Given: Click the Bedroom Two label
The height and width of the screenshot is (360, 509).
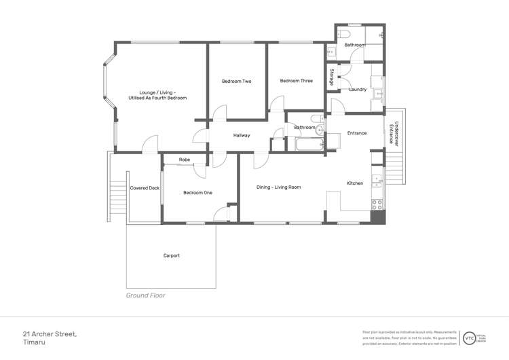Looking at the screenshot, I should [x=236, y=82].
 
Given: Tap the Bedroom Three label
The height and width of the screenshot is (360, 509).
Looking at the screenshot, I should [x=296, y=81].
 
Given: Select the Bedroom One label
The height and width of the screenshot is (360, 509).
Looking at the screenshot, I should [x=197, y=193].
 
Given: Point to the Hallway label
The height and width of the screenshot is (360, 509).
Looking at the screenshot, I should [x=242, y=135].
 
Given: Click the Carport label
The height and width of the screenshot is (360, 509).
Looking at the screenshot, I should [x=171, y=255].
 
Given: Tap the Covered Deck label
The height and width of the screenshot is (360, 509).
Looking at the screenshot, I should [x=145, y=188].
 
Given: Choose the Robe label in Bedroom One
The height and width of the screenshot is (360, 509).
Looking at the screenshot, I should [x=184, y=160].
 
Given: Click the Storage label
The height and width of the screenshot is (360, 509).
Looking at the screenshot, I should [x=332, y=77].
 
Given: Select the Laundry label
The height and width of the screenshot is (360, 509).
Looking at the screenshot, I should [x=358, y=90].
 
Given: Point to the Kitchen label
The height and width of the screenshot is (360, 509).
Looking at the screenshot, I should [x=355, y=183].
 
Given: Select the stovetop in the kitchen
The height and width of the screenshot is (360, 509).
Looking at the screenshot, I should [x=377, y=203].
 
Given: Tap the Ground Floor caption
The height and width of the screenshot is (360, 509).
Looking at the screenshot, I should [x=145, y=295].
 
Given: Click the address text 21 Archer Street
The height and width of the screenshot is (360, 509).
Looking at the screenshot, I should [x=50, y=334].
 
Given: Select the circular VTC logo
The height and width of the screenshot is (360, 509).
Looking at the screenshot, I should [x=469, y=338].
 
